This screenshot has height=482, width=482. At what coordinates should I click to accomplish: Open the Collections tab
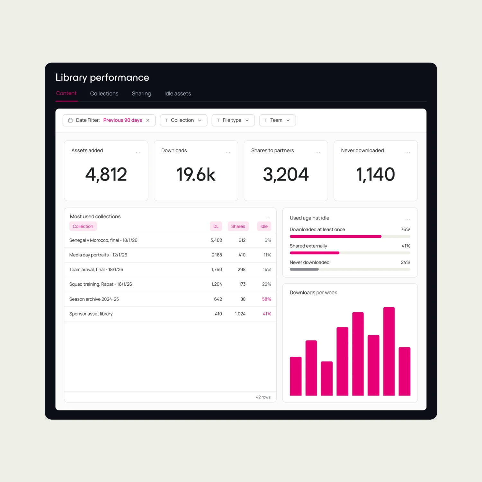point(104,94)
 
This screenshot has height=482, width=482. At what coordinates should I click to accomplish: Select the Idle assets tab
point(178,94)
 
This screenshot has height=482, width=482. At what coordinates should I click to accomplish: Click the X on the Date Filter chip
point(148,120)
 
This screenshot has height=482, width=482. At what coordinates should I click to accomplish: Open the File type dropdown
point(233,120)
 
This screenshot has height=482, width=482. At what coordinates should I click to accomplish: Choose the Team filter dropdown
point(277,120)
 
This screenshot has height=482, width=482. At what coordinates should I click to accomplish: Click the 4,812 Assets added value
point(106,174)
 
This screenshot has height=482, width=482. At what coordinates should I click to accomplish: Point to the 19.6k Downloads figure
point(196,174)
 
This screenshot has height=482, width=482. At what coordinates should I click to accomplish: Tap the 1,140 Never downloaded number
point(375,174)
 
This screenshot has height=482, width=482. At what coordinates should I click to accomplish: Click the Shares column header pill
point(238,226)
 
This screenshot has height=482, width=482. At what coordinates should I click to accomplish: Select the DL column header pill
point(216,226)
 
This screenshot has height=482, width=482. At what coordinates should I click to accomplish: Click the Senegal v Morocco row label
point(103,240)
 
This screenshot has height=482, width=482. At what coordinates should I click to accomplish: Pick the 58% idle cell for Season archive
point(267,299)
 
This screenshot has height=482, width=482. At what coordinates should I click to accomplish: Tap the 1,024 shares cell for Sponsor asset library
point(240,314)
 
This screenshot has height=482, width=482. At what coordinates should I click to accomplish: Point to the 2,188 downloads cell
point(217,255)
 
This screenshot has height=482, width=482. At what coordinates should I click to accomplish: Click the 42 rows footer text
point(263,397)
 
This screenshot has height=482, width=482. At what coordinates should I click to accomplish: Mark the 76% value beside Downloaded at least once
point(406,229)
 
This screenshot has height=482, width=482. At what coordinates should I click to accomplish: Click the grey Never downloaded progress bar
point(304,269)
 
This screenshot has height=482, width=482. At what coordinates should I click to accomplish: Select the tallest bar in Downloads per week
point(389,351)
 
